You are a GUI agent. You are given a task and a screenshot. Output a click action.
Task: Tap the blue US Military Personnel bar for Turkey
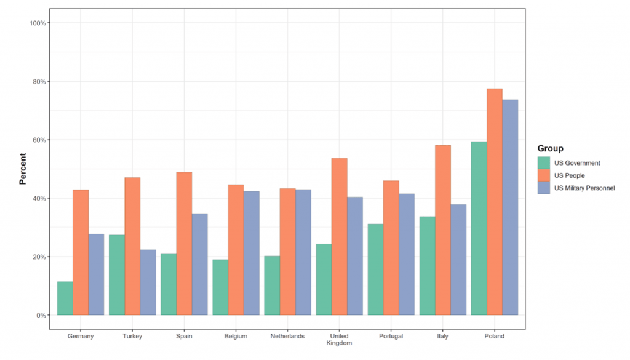pos(148,282)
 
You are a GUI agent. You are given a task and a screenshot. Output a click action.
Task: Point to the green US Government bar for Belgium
pos(220,287)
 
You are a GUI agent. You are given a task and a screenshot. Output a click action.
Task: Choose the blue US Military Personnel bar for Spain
pos(199,265)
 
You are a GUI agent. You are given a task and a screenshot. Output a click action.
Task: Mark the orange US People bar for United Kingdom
pos(339,237)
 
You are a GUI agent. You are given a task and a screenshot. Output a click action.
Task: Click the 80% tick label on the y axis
pos(40,81)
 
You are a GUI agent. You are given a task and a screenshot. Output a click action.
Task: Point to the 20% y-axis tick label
pos(40,257)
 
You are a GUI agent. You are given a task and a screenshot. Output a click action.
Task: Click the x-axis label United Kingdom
pos(339,340)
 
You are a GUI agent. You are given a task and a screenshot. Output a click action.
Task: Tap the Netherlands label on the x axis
pos(287,337)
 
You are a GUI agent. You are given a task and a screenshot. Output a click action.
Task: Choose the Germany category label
pos(80,337)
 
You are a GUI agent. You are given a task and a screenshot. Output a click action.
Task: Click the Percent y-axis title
pos(23,169)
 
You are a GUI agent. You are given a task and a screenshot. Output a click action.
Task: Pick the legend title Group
pos(550,148)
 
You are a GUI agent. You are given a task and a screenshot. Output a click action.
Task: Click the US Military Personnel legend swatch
pos(543,188)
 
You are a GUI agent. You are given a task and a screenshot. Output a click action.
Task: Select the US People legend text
pos(570,175)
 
